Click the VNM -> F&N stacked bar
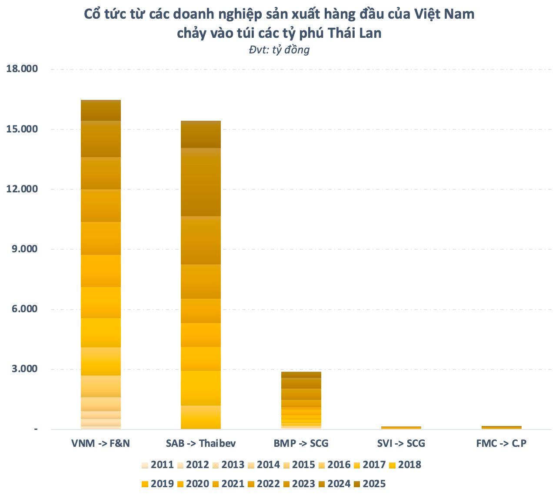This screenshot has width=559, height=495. coord(101,264)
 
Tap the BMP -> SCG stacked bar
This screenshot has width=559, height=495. coord(301,400)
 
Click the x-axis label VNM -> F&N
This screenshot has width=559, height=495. coord(101,443)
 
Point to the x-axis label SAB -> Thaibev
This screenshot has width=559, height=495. coord(201,443)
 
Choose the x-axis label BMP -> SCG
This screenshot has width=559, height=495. coord(301,443)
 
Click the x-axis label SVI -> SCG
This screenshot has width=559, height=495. coord(401,443)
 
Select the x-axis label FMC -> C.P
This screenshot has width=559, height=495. coord(501,443)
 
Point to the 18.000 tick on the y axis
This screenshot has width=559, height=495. coord(22,69)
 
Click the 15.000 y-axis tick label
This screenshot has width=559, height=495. coord(22,129)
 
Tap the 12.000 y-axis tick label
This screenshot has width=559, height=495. coord(22,189)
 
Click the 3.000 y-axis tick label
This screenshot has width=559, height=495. coord(24,369)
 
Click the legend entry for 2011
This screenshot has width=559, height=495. coord(157,465)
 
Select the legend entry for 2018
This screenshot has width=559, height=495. coord(405,465)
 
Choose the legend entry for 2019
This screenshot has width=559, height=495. coord(157,484)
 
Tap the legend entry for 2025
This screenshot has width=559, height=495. coord(369,484)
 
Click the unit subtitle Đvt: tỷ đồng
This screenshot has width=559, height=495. coord(279,50)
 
